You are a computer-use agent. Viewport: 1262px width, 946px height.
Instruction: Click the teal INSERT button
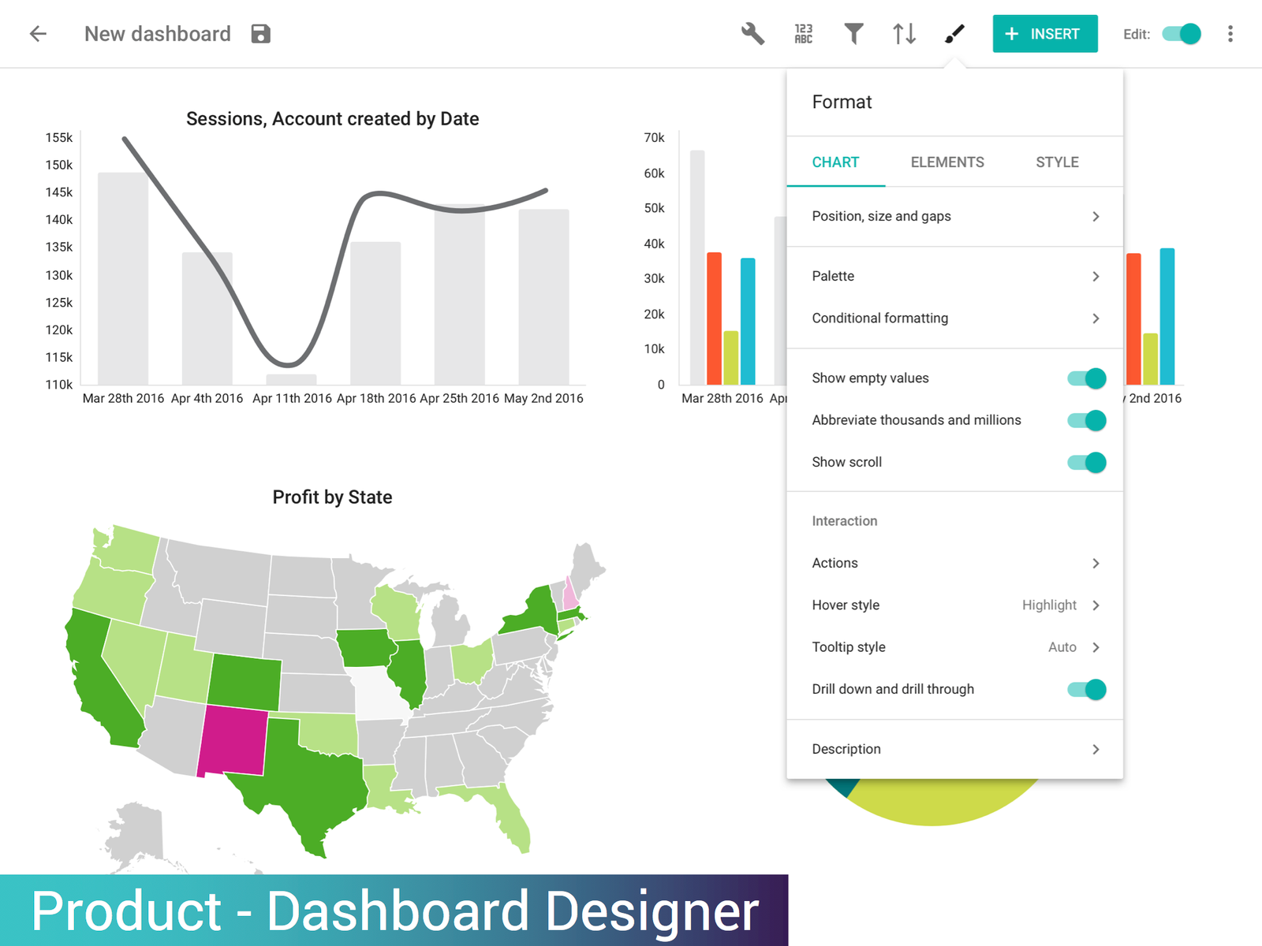click(x=1044, y=34)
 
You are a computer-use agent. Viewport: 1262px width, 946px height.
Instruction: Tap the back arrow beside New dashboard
click(x=38, y=34)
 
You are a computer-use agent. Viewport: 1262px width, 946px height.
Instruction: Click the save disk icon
click(x=261, y=34)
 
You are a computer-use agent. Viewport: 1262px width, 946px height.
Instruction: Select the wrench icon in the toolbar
click(x=752, y=34)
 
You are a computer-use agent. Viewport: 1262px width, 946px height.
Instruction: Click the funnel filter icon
click(x=853, y=34)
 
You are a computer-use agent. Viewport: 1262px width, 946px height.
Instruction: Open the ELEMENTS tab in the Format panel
click(x=947, y=162)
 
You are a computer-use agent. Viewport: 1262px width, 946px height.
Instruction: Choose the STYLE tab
click(x=1057, y=162)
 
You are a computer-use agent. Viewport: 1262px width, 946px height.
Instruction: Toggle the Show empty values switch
click(x=1087, y=378)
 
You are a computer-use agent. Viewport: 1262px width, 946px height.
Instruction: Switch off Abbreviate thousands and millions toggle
click(x=1087, y=420)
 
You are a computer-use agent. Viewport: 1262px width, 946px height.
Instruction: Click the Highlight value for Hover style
click(x=1049, y=605)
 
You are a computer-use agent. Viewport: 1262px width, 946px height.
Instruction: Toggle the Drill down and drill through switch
click(x=1087, y=690)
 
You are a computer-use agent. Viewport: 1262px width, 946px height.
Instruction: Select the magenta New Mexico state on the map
click(x=233, y=741)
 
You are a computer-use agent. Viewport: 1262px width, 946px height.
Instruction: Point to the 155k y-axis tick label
click(x=59, y=138)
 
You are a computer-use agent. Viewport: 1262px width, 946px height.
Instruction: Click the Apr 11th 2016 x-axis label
click(x=292, y=399)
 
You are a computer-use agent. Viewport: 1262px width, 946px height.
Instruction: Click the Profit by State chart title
click(x=332, y=497)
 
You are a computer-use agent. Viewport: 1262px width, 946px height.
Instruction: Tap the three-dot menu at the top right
click(x=1230, y=34)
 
